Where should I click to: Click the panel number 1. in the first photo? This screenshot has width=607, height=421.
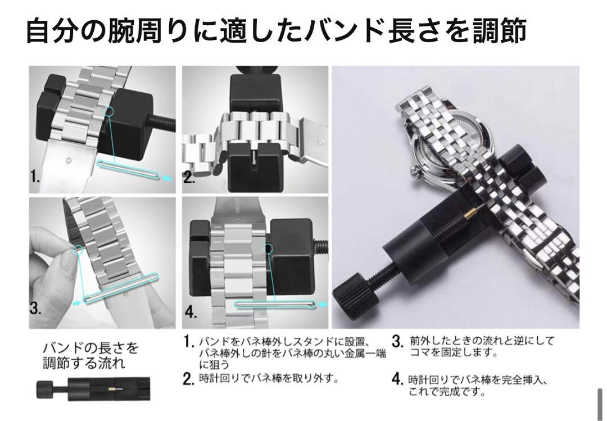[35, 177]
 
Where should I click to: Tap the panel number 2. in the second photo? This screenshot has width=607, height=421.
[188, 178]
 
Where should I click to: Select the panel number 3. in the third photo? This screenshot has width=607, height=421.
[35, 308]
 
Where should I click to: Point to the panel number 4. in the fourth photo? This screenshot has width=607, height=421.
[191, 311]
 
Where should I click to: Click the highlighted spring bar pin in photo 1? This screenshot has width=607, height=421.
[128, 170]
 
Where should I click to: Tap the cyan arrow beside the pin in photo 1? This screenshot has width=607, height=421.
[167, 178]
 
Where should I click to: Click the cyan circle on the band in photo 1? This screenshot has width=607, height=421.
[109, 111]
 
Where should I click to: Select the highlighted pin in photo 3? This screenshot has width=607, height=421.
[121, 288]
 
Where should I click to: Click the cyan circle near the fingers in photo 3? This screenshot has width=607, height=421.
[79, 250]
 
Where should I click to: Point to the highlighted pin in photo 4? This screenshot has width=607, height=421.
[275, 305]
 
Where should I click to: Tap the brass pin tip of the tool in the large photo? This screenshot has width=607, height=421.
[471, 211]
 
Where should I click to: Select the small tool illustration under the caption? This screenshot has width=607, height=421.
[93, 388]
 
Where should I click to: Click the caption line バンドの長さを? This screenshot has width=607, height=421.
[90, 347]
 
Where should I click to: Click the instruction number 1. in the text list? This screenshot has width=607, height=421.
[188, 342]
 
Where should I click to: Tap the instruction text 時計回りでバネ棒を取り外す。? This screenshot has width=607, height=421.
[269, 378]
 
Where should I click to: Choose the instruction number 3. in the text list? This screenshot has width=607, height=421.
[398, 341]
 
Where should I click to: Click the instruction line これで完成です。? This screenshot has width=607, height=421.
[447, 392]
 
